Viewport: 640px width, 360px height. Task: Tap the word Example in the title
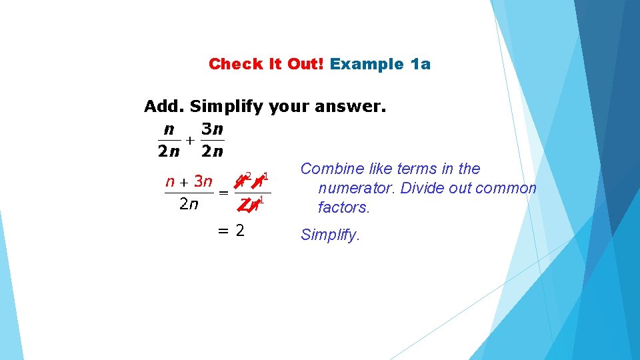pos(366,64)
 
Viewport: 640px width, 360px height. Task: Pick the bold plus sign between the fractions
pos(190,141)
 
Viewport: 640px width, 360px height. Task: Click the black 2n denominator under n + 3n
pos(189,204)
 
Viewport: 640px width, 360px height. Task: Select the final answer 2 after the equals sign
pos(239,231)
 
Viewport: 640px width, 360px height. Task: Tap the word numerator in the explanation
pos(353,188)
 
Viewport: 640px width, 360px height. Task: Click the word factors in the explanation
pos(343,207)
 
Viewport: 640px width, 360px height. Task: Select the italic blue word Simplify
pos(330,235)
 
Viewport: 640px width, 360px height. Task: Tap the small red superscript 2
pos(248,176)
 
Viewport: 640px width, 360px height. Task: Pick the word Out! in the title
pos(305,64)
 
